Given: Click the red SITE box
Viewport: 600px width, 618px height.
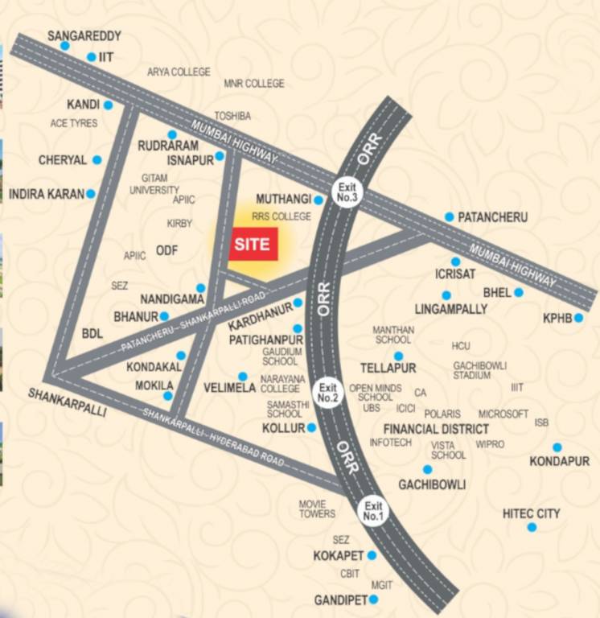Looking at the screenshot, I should coord(253,244).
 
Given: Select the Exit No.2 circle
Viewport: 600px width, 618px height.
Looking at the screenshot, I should coord(329,392).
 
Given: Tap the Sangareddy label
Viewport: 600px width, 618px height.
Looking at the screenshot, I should coord(84,36).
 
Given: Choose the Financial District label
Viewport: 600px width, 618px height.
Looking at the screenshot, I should coord(436,429).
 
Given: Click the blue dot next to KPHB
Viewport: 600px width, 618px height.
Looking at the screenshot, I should coord(578,318).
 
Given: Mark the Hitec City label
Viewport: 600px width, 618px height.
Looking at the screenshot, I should coord(531,513).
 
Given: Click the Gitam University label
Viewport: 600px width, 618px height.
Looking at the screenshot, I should coord(154,183).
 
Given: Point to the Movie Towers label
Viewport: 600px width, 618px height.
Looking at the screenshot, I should coord(317,509).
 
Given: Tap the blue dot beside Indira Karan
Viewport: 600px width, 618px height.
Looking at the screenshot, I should coord(91,194).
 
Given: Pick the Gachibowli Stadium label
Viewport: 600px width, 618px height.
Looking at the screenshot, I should coord(479,370).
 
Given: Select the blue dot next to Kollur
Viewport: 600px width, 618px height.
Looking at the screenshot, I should coord(311,428).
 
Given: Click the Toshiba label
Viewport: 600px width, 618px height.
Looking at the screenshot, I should coord(232,116).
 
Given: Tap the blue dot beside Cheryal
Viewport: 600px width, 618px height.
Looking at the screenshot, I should coord(97,160).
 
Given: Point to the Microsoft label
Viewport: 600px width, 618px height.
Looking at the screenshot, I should coord(503,414).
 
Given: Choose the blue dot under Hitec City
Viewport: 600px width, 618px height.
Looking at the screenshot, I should coord(531,527).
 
